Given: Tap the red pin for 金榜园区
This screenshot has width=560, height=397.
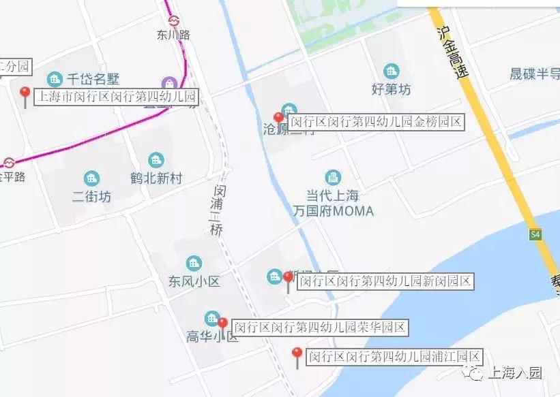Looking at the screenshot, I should pos(278,120).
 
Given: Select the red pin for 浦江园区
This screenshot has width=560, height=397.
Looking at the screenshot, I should pos(297,355).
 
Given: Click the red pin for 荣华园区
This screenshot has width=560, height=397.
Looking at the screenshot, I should pos(222,325).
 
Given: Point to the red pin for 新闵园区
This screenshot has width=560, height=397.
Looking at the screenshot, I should pos(289,279).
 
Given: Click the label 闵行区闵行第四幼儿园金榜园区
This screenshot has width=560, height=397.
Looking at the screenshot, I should pos(376,123).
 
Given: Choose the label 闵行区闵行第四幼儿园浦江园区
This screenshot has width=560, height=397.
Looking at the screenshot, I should pos(394,356).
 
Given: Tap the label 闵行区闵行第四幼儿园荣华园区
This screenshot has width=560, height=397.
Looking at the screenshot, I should pos(320,328).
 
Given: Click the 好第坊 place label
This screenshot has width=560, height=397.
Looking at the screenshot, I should pos(392,89).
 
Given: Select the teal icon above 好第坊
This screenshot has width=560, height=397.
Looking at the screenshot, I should pos(392,71).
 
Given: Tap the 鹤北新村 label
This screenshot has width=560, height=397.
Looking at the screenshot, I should pos(156,178).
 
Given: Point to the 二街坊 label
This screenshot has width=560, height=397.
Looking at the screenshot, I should pos(91,197).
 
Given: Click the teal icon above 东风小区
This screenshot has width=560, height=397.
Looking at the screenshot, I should pos(194,263).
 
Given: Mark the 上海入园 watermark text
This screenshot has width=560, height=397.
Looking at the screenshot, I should pos(512,373).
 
